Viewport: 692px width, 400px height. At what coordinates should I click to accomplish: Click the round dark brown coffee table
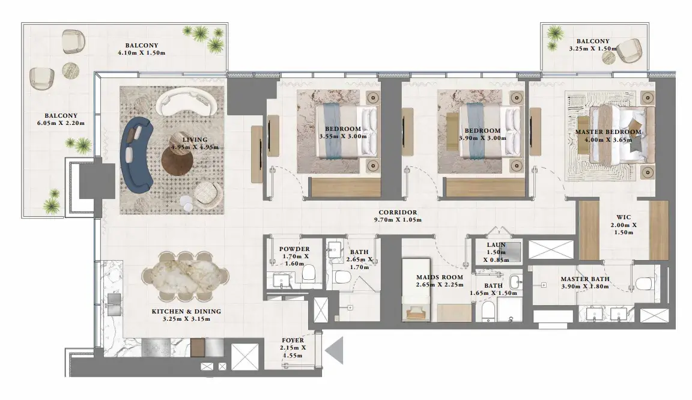coord(177,160)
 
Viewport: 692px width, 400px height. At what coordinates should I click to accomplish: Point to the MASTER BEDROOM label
coord(608,132)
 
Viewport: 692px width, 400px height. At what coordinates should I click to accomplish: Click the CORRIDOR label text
coord(398,213)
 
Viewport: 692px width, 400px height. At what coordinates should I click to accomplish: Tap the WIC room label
coord(624,217)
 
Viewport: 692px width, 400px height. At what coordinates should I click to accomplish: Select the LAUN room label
coord(497,245)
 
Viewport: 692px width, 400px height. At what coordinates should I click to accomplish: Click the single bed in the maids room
coord(416,289)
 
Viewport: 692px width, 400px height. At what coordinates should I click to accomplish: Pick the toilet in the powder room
coord(308,273)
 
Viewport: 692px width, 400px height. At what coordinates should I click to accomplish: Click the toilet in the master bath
coord(644,283)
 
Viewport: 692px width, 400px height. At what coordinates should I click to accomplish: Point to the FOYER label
coord(293,341)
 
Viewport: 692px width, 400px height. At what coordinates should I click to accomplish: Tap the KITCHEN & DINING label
coord(186,311)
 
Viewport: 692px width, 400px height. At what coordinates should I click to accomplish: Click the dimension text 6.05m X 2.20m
coord(61,123)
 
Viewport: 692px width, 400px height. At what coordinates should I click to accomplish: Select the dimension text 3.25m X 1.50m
coord(593,49)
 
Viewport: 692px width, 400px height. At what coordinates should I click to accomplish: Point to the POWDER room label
coord(294,249)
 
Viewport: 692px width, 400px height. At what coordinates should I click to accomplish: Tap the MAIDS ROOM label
coord(440,277)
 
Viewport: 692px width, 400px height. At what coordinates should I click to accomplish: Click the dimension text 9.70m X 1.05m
coord(398,220)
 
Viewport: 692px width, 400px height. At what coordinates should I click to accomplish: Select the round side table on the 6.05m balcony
coord(70,70)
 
